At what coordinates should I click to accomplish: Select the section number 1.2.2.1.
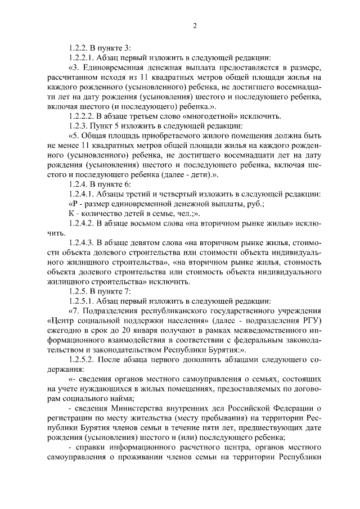click(83, 57)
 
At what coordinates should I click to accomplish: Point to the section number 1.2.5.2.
click(83, 362)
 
